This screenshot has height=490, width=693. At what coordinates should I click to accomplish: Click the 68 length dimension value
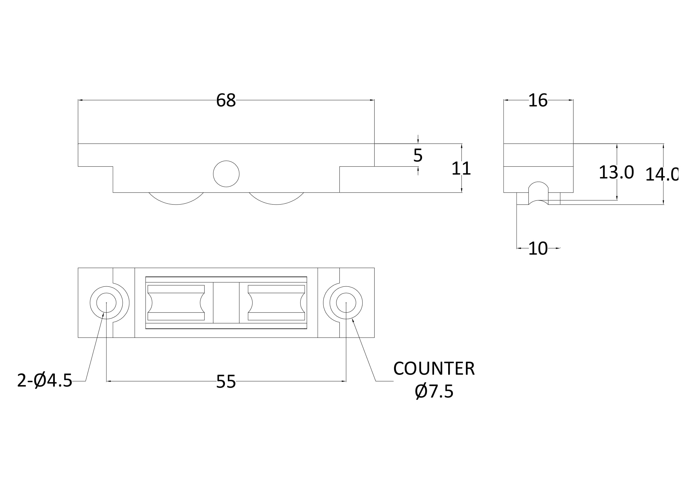click(x=226, y=100)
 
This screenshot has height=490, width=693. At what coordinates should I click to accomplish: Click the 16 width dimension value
click(x=538, y=100)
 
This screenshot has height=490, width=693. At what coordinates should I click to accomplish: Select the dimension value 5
click(x=418, y=155)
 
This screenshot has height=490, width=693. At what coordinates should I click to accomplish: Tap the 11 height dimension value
click(x=461, y=168)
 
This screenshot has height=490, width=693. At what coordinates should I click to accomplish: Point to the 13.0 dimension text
click(x=616, y=173)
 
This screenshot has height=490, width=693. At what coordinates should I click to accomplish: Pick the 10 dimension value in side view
click(x=538, y=248)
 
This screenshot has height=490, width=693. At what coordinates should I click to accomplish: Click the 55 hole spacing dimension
click(x=226, y=382)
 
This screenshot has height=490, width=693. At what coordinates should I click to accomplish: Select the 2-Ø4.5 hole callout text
click(x=45, y=380)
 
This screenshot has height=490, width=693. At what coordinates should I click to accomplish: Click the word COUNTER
click(x=434, y=369)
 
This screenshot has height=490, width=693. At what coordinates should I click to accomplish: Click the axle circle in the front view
click(x=226, y=174)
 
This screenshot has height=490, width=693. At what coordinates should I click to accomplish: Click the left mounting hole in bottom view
click(x=106, y=303)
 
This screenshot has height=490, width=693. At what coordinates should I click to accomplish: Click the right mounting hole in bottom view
click(x=346, y=303)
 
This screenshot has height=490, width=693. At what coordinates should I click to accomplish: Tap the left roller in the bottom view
click(x=176, y=303)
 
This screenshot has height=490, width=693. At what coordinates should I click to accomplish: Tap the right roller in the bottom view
click(x=276, y=303)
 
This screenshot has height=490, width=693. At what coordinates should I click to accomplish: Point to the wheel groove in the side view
click(x=538, y=193)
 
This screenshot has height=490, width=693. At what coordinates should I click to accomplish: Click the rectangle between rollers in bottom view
click(x=226, y=303)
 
